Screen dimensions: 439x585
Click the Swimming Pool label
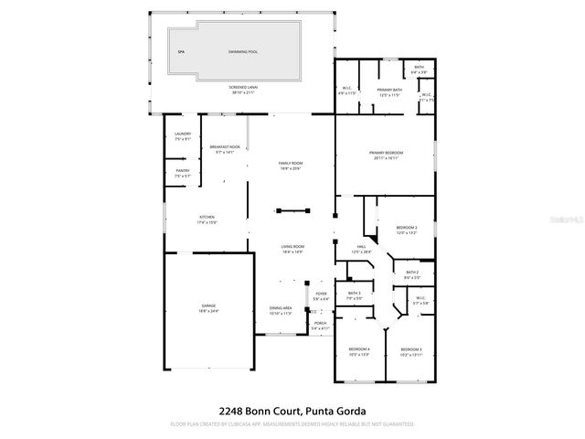(242, 52)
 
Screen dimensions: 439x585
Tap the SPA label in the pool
(182, 52)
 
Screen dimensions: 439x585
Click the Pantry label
(182, 173)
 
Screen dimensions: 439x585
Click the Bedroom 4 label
(359, 351)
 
